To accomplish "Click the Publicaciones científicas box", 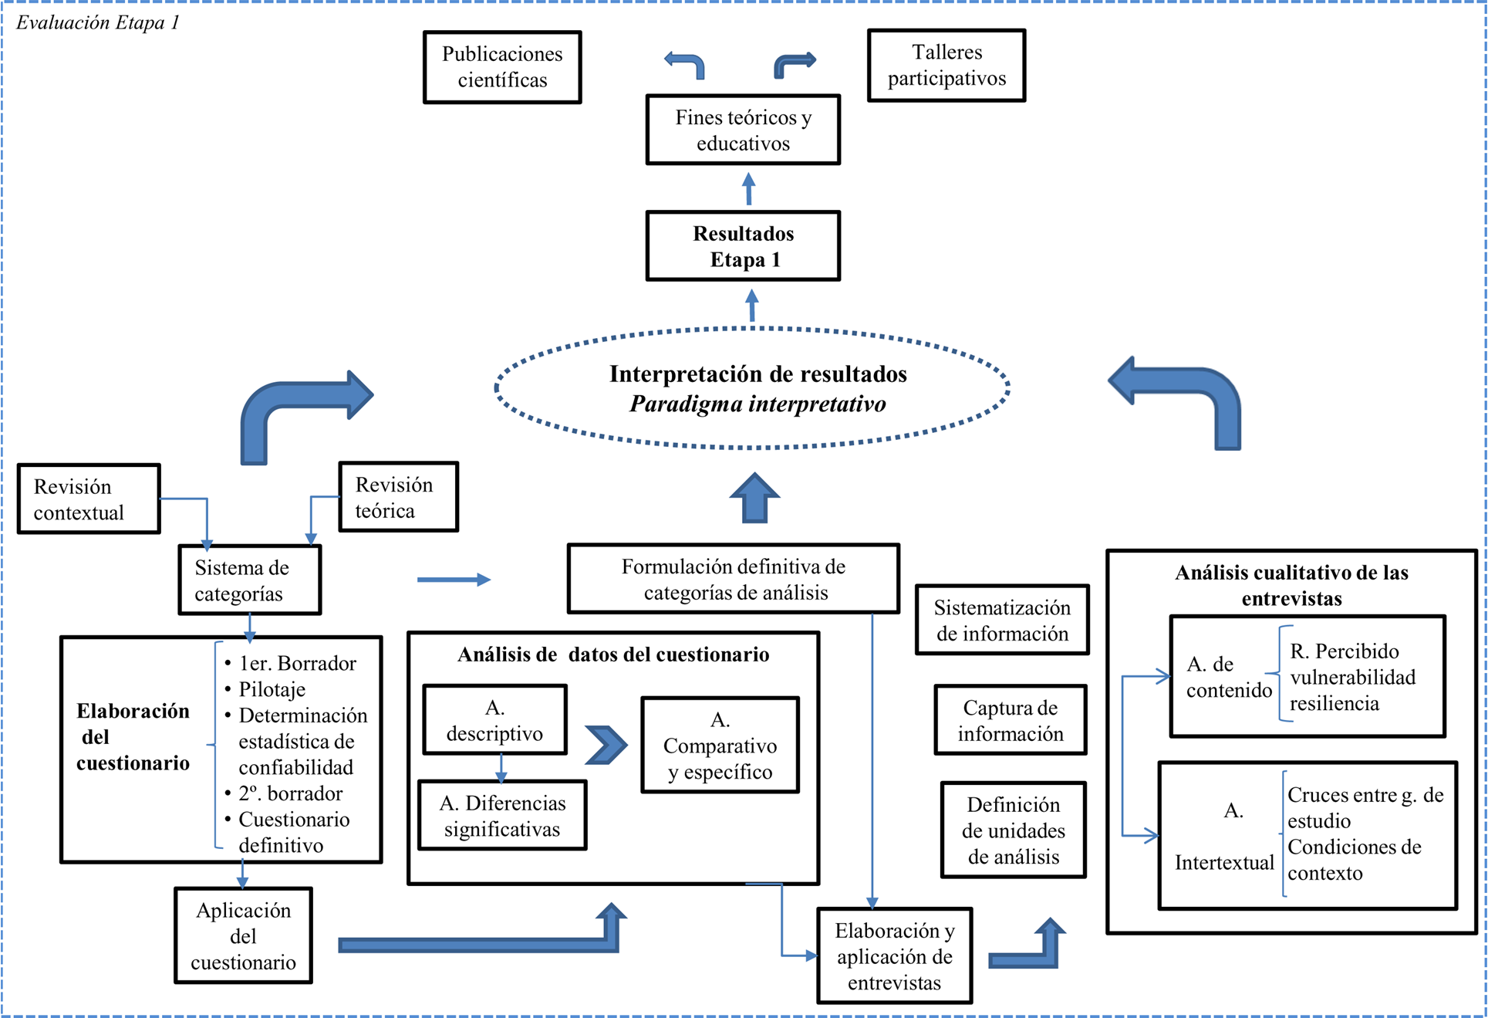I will (x=502, y=67).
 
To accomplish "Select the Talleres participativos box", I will (x=946, y=66).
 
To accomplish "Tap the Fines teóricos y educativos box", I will (x=743, y=130).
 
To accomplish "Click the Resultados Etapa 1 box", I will (x=743, y=246).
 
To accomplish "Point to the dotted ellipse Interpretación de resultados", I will (x=752, y=388).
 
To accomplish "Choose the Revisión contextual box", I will (x=89, y=499).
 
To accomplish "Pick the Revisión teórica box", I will (x=399, y=497).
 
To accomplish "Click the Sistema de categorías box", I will (x=249, y=580).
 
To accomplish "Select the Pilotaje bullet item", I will (x=272, y=689).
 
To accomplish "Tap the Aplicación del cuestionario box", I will (x=243, y=935).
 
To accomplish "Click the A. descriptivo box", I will (x=494, y=720).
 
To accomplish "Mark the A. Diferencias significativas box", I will (x=502, y=816).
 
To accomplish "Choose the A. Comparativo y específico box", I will (x=720, y=746).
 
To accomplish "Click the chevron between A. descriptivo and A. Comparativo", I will (x=606, y=745).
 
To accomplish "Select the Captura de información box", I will (x=1011, y=720).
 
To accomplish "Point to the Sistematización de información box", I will (x=1002, y=621).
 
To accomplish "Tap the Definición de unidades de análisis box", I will (x=1013, y=830).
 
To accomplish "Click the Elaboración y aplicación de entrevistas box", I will (x=894, y=956).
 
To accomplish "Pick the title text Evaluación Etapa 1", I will (x=98, y=22).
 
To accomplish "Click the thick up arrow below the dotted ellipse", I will (x=754, y=499).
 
